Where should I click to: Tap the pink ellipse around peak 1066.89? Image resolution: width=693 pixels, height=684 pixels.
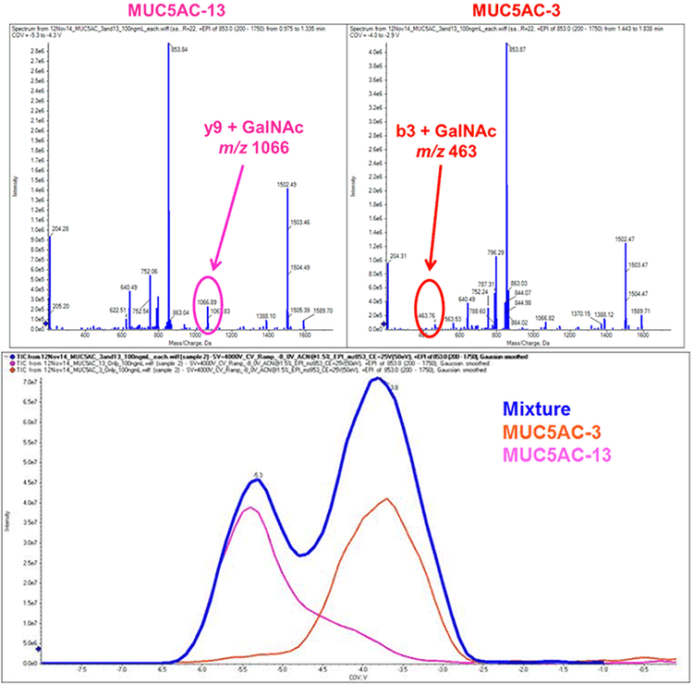(x=210, y=300)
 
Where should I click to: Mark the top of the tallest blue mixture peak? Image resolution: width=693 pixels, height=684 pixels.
(x=377, y=377)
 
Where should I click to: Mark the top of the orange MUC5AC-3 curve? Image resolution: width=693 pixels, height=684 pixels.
(x=387, y=499)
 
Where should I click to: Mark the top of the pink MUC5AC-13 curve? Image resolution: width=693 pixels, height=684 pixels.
(x=248, y=507)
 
